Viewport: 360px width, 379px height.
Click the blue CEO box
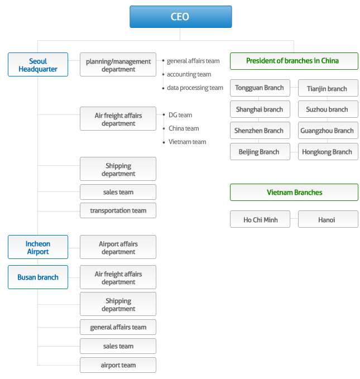pos(181,17)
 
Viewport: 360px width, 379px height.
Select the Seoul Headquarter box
pos(38,65)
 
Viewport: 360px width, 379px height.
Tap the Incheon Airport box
pos(38,247)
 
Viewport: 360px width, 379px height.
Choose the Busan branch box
pos(38,277)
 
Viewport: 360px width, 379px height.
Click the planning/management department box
pos(118,65)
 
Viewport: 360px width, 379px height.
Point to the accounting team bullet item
pos(186,74)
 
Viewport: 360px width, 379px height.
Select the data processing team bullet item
pos(193,88)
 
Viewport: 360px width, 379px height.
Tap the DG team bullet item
pos(177,115)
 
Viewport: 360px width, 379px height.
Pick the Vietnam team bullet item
pos(185,142)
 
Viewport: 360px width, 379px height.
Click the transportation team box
pos(118,210)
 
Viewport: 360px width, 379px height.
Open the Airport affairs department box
pos(118,247)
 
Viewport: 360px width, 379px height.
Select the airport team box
pos(118,365)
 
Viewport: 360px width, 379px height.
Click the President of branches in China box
pos(294,61)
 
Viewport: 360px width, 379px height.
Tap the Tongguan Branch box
pos(260,88)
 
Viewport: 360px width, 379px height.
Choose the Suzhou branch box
pos(328,109)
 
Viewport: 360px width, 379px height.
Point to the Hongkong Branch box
pos(328,152)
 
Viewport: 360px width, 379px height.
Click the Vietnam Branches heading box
pos(294,192)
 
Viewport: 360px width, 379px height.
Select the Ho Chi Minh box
pos(260,219)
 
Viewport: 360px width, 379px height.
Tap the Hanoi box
pos(328,219)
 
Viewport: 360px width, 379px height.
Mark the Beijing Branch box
pos(260,152)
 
